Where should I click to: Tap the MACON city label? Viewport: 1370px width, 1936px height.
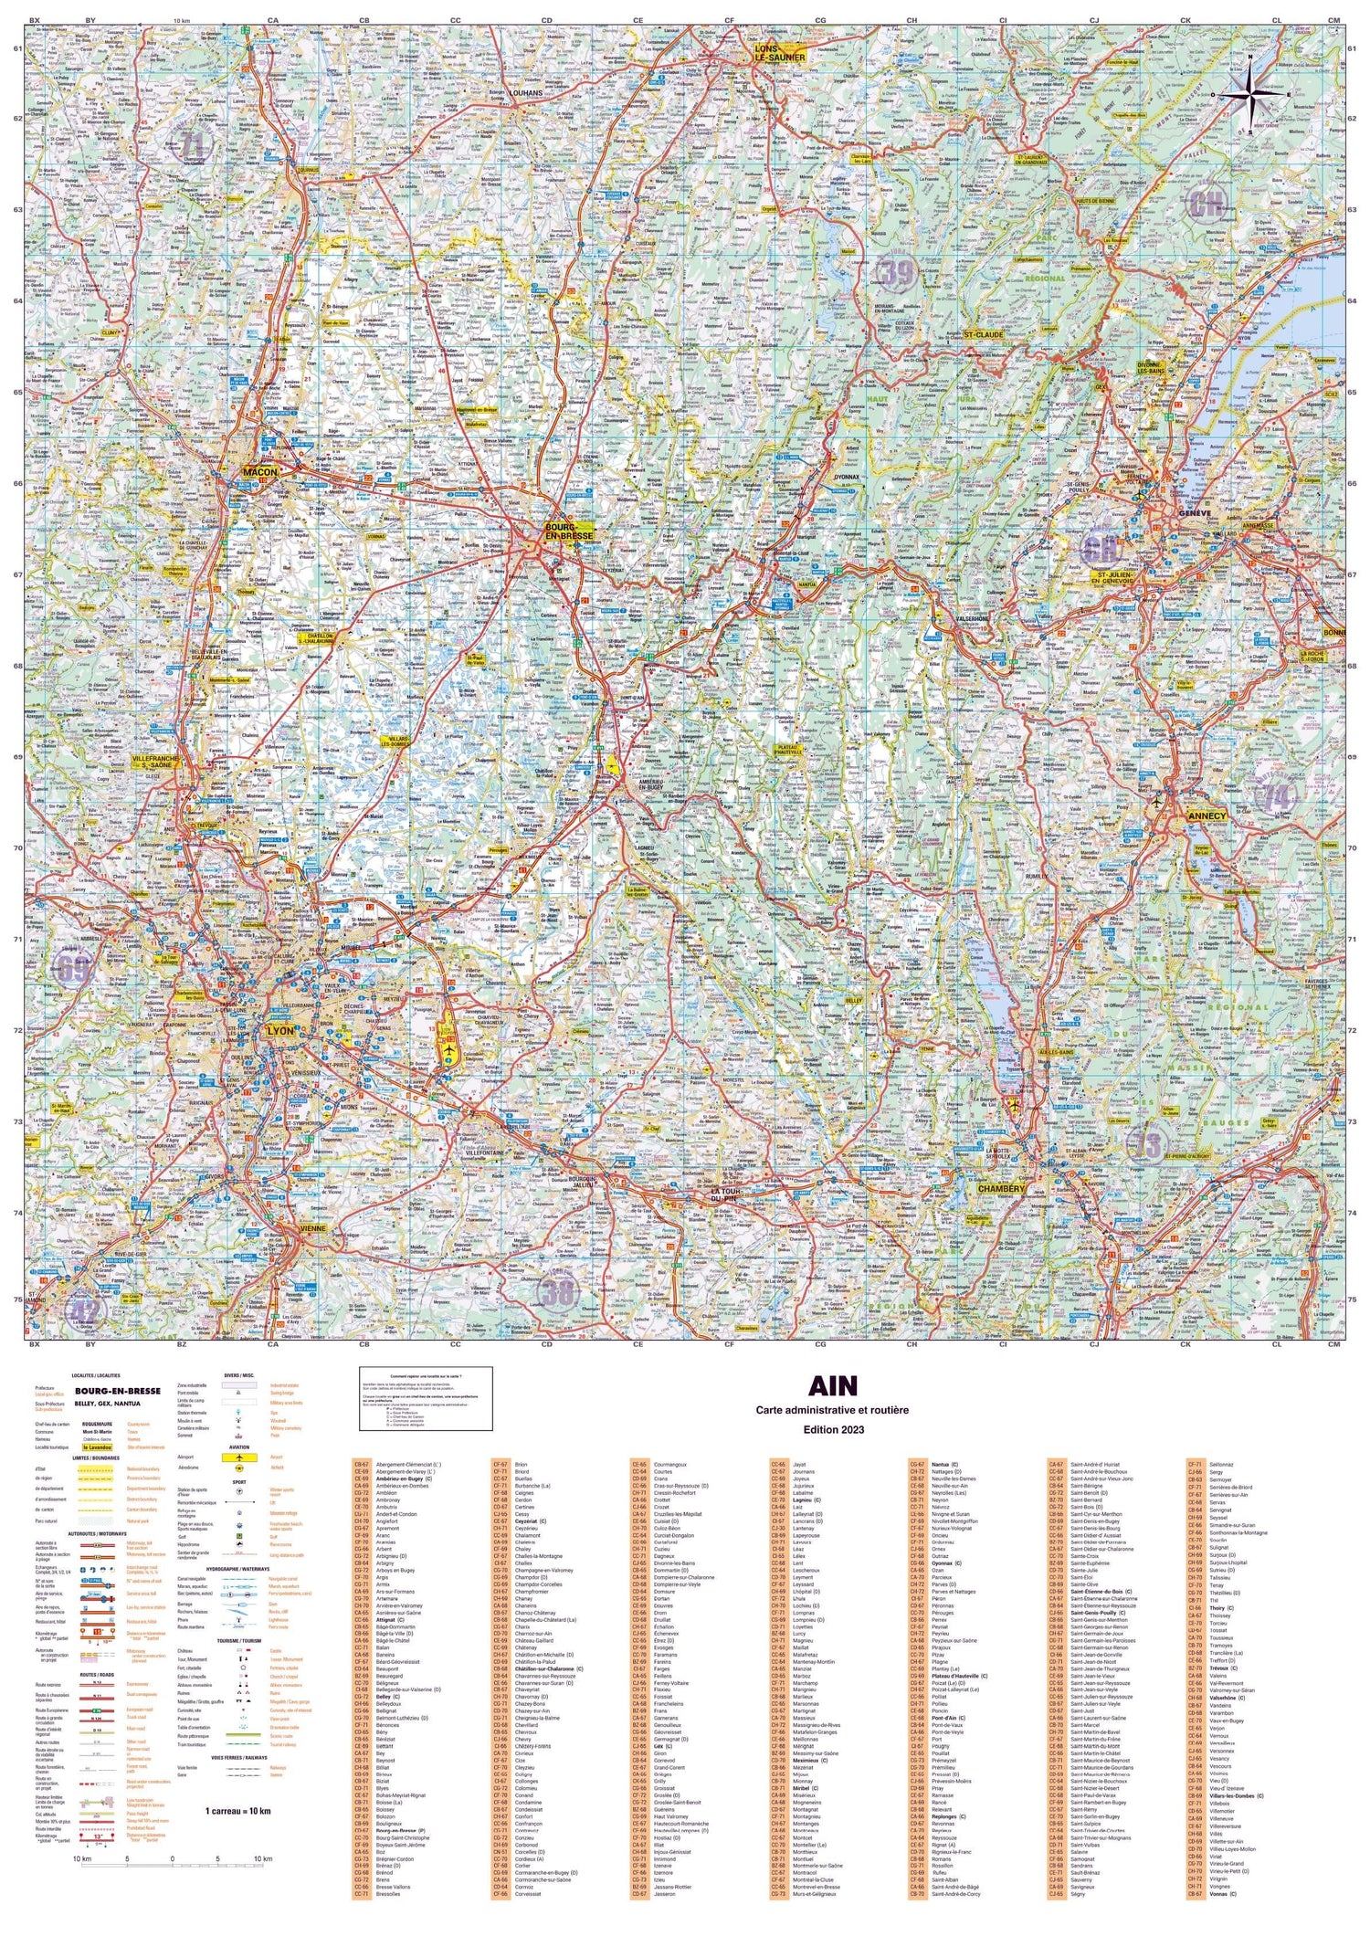tap(259, 472)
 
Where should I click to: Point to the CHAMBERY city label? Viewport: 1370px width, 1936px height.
tap(1003, 1190)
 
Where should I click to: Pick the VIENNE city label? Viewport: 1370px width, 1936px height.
tap(313, 1230)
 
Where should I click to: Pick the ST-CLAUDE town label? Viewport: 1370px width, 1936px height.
tap(984, 335)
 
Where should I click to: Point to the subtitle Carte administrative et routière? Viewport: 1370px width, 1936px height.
tap(831, 1411)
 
